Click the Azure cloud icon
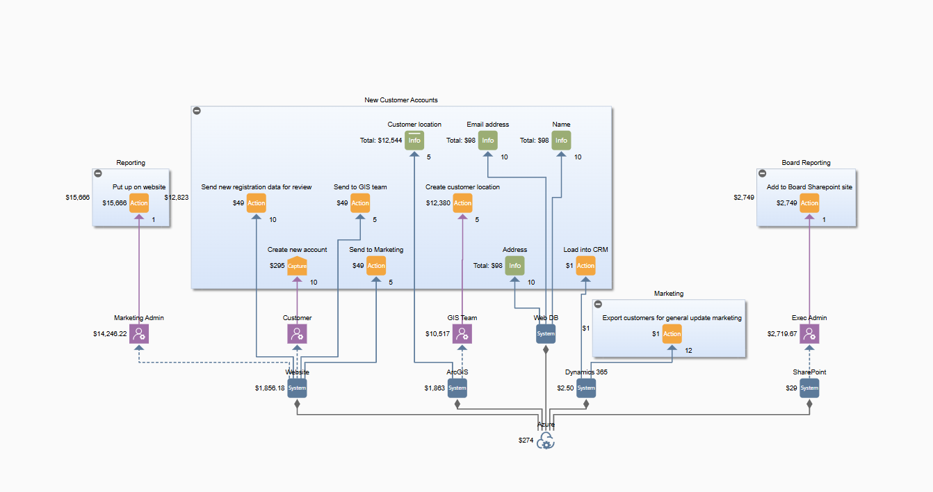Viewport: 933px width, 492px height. coord(546,441)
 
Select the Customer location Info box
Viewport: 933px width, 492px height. coord(414,140)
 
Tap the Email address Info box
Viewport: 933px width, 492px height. coord(488,140)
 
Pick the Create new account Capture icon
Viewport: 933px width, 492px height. coord(297,266)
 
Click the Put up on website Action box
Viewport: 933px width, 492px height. coord(139,203)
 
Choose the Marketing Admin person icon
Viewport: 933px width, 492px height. coord(139,333)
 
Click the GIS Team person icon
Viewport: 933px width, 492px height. coord(462,333)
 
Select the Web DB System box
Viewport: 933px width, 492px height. coord(546,333)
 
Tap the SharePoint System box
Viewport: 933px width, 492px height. coord(809,388)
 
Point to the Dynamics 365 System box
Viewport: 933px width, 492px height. coord(586,388)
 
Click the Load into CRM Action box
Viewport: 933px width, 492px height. coord(585,265)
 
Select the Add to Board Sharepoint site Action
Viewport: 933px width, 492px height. coord(809,203)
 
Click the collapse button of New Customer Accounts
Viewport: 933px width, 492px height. coord(197,111)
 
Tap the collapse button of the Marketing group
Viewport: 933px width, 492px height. coord(598,304)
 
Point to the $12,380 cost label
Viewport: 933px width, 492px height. coord(438,203)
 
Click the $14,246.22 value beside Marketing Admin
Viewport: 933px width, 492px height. coord(110,333)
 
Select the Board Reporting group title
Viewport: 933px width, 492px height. coord(806,163)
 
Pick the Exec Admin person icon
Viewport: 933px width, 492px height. coord(809,333)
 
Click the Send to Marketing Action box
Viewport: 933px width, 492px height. coord(376,265)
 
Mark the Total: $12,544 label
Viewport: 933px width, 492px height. coord(381,141)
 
